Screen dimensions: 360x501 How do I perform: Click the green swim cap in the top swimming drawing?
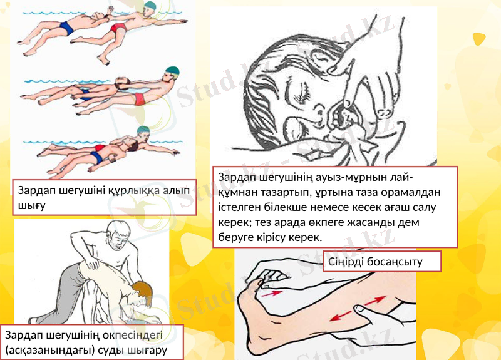click(x=148, y=8)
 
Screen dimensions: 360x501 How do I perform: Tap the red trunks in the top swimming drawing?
click(x=118, y=29)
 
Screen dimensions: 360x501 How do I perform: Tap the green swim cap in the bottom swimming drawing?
click(x=143, y=131)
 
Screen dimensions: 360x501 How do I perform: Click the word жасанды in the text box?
click(x=371, y=222)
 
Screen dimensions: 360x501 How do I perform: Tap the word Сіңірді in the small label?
click(x=350, y=262)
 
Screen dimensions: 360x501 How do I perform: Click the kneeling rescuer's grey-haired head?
click(x=118, y=233)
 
